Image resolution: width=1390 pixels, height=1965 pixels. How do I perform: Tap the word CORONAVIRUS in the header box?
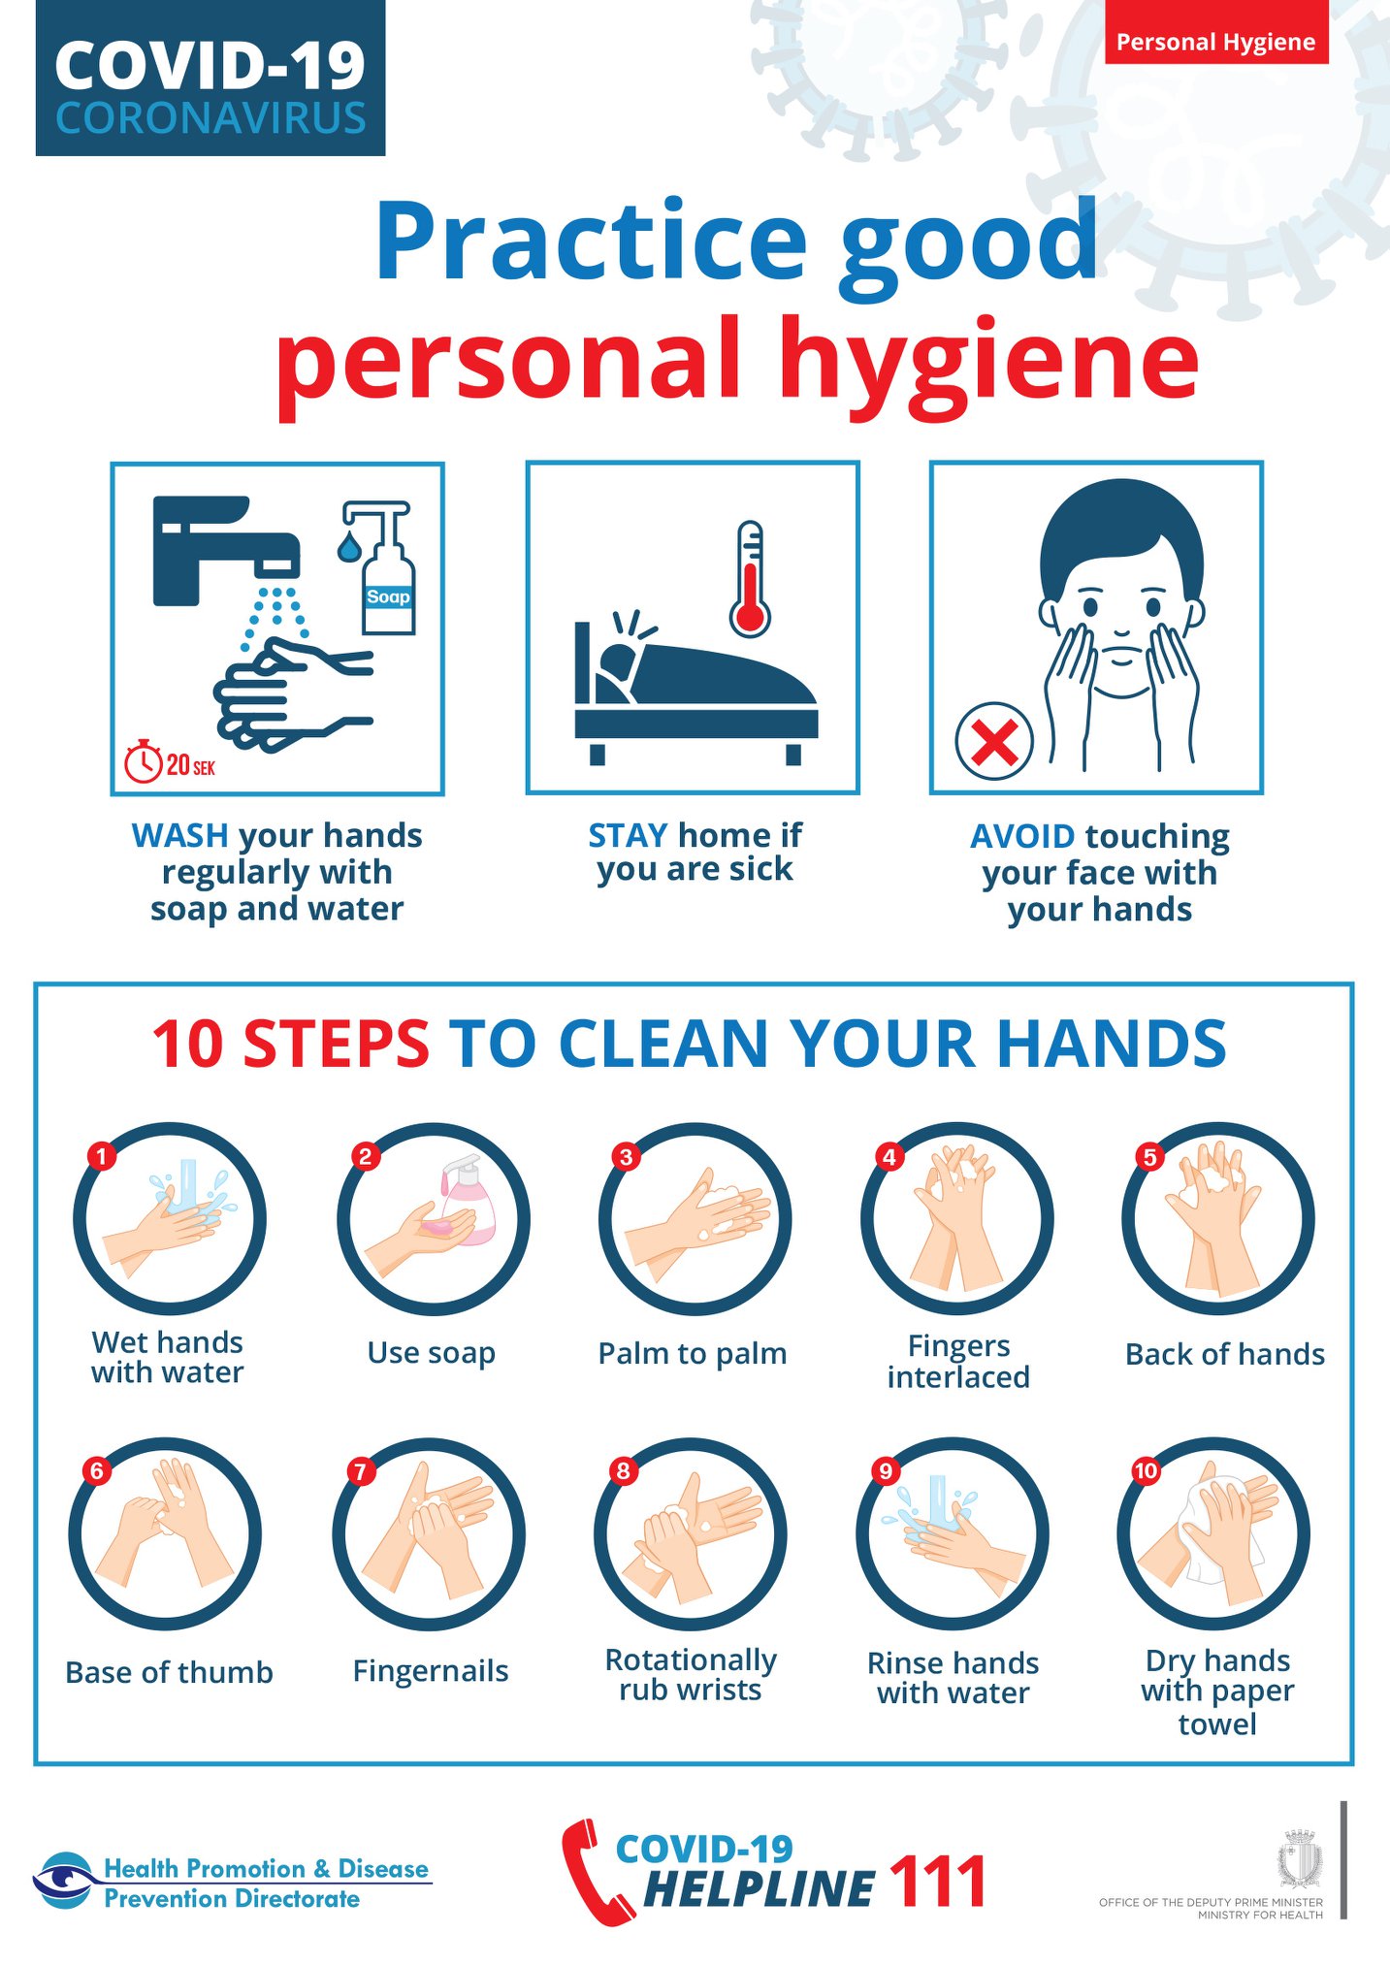coord(210,118)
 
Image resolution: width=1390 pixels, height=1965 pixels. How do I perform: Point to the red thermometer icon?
coord(750,579)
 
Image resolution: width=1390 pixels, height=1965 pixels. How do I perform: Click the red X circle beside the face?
coord(994,742)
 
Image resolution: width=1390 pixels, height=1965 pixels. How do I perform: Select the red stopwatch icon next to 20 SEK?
coord(144,761)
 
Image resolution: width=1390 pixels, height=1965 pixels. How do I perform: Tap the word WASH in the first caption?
coord(180,835)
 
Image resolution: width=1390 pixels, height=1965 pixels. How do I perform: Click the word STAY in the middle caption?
coord(628,835)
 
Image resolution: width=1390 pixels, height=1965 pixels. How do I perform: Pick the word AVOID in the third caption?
coord(1022,836)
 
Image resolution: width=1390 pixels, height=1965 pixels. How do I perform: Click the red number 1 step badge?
coord(101,1155)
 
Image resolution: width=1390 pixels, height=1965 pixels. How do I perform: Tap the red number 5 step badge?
coord(1149,1156)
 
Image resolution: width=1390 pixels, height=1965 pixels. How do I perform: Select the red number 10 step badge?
coord(1146,1470)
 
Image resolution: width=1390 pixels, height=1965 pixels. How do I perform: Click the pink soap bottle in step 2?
coord(468,1200)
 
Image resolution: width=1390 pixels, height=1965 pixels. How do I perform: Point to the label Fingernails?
coord(431,1671)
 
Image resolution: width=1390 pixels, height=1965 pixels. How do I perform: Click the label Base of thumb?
coord(169,1672)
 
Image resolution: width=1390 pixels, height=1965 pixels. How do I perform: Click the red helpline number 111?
coord(937,1882)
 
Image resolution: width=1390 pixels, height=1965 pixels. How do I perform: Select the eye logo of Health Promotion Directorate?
coord(65,1881)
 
